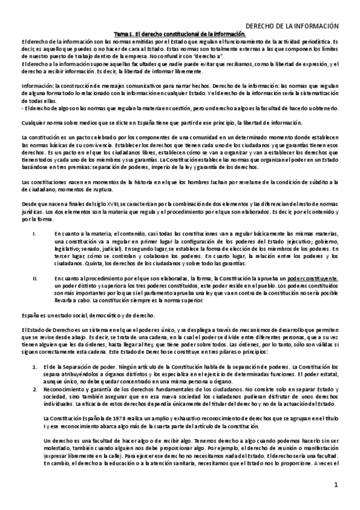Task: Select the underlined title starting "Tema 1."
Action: pos(179,35)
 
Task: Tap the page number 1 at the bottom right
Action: pos(337,485)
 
